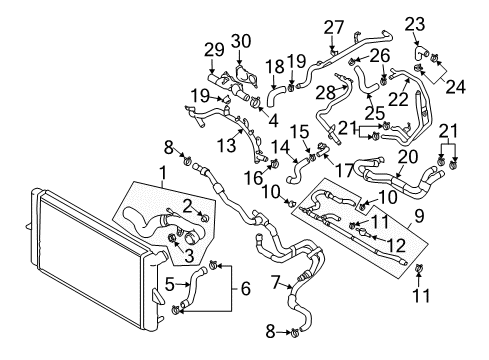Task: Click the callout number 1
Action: point(163,174)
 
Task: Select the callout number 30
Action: point(241,42)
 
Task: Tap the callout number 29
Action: point(214,50)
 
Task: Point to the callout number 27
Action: point(334,27)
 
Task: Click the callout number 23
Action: point(415,24)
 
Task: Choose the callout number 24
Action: point(456,86)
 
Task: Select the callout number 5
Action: point(170,284)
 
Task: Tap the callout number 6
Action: point(246,289)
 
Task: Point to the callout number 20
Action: point(408,157)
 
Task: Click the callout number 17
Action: point(344,170)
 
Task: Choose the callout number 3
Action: point(189,256)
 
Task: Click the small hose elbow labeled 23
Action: point(422,53)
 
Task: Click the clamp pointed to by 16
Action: point(275,164)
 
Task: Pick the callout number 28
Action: point(325,93)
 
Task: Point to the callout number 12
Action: point(396,245)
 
